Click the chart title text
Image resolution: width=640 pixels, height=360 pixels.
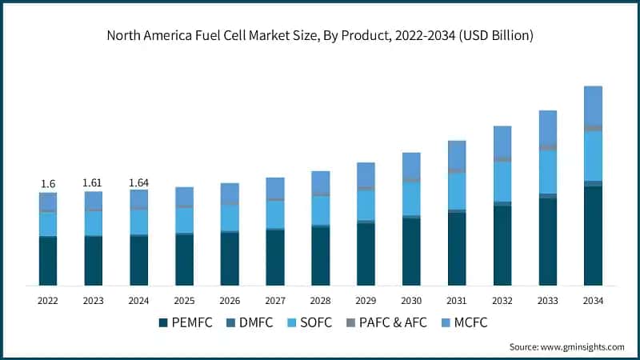point(320,36)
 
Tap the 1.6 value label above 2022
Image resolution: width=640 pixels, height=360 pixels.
point(48,184)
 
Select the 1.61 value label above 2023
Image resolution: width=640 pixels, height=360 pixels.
point(94,183)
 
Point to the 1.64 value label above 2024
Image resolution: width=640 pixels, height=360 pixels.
point(139,182)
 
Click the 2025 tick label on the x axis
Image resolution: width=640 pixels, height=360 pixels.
point(184,301)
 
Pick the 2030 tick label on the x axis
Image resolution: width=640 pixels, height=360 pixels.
point(411,301)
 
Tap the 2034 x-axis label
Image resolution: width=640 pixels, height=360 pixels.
point(593,301)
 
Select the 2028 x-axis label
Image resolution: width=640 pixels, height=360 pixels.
point(320,301)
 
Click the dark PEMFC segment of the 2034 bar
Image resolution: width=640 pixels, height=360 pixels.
point(593,236)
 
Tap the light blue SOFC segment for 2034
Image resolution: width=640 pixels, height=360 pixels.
point(593,156)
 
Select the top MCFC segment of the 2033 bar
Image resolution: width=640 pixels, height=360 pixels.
point(547,126)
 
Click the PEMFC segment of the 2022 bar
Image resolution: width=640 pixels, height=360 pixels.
point(48,261)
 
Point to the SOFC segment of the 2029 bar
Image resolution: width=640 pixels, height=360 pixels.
point(366,204)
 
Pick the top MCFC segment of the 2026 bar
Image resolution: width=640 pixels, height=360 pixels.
point(230,193)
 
